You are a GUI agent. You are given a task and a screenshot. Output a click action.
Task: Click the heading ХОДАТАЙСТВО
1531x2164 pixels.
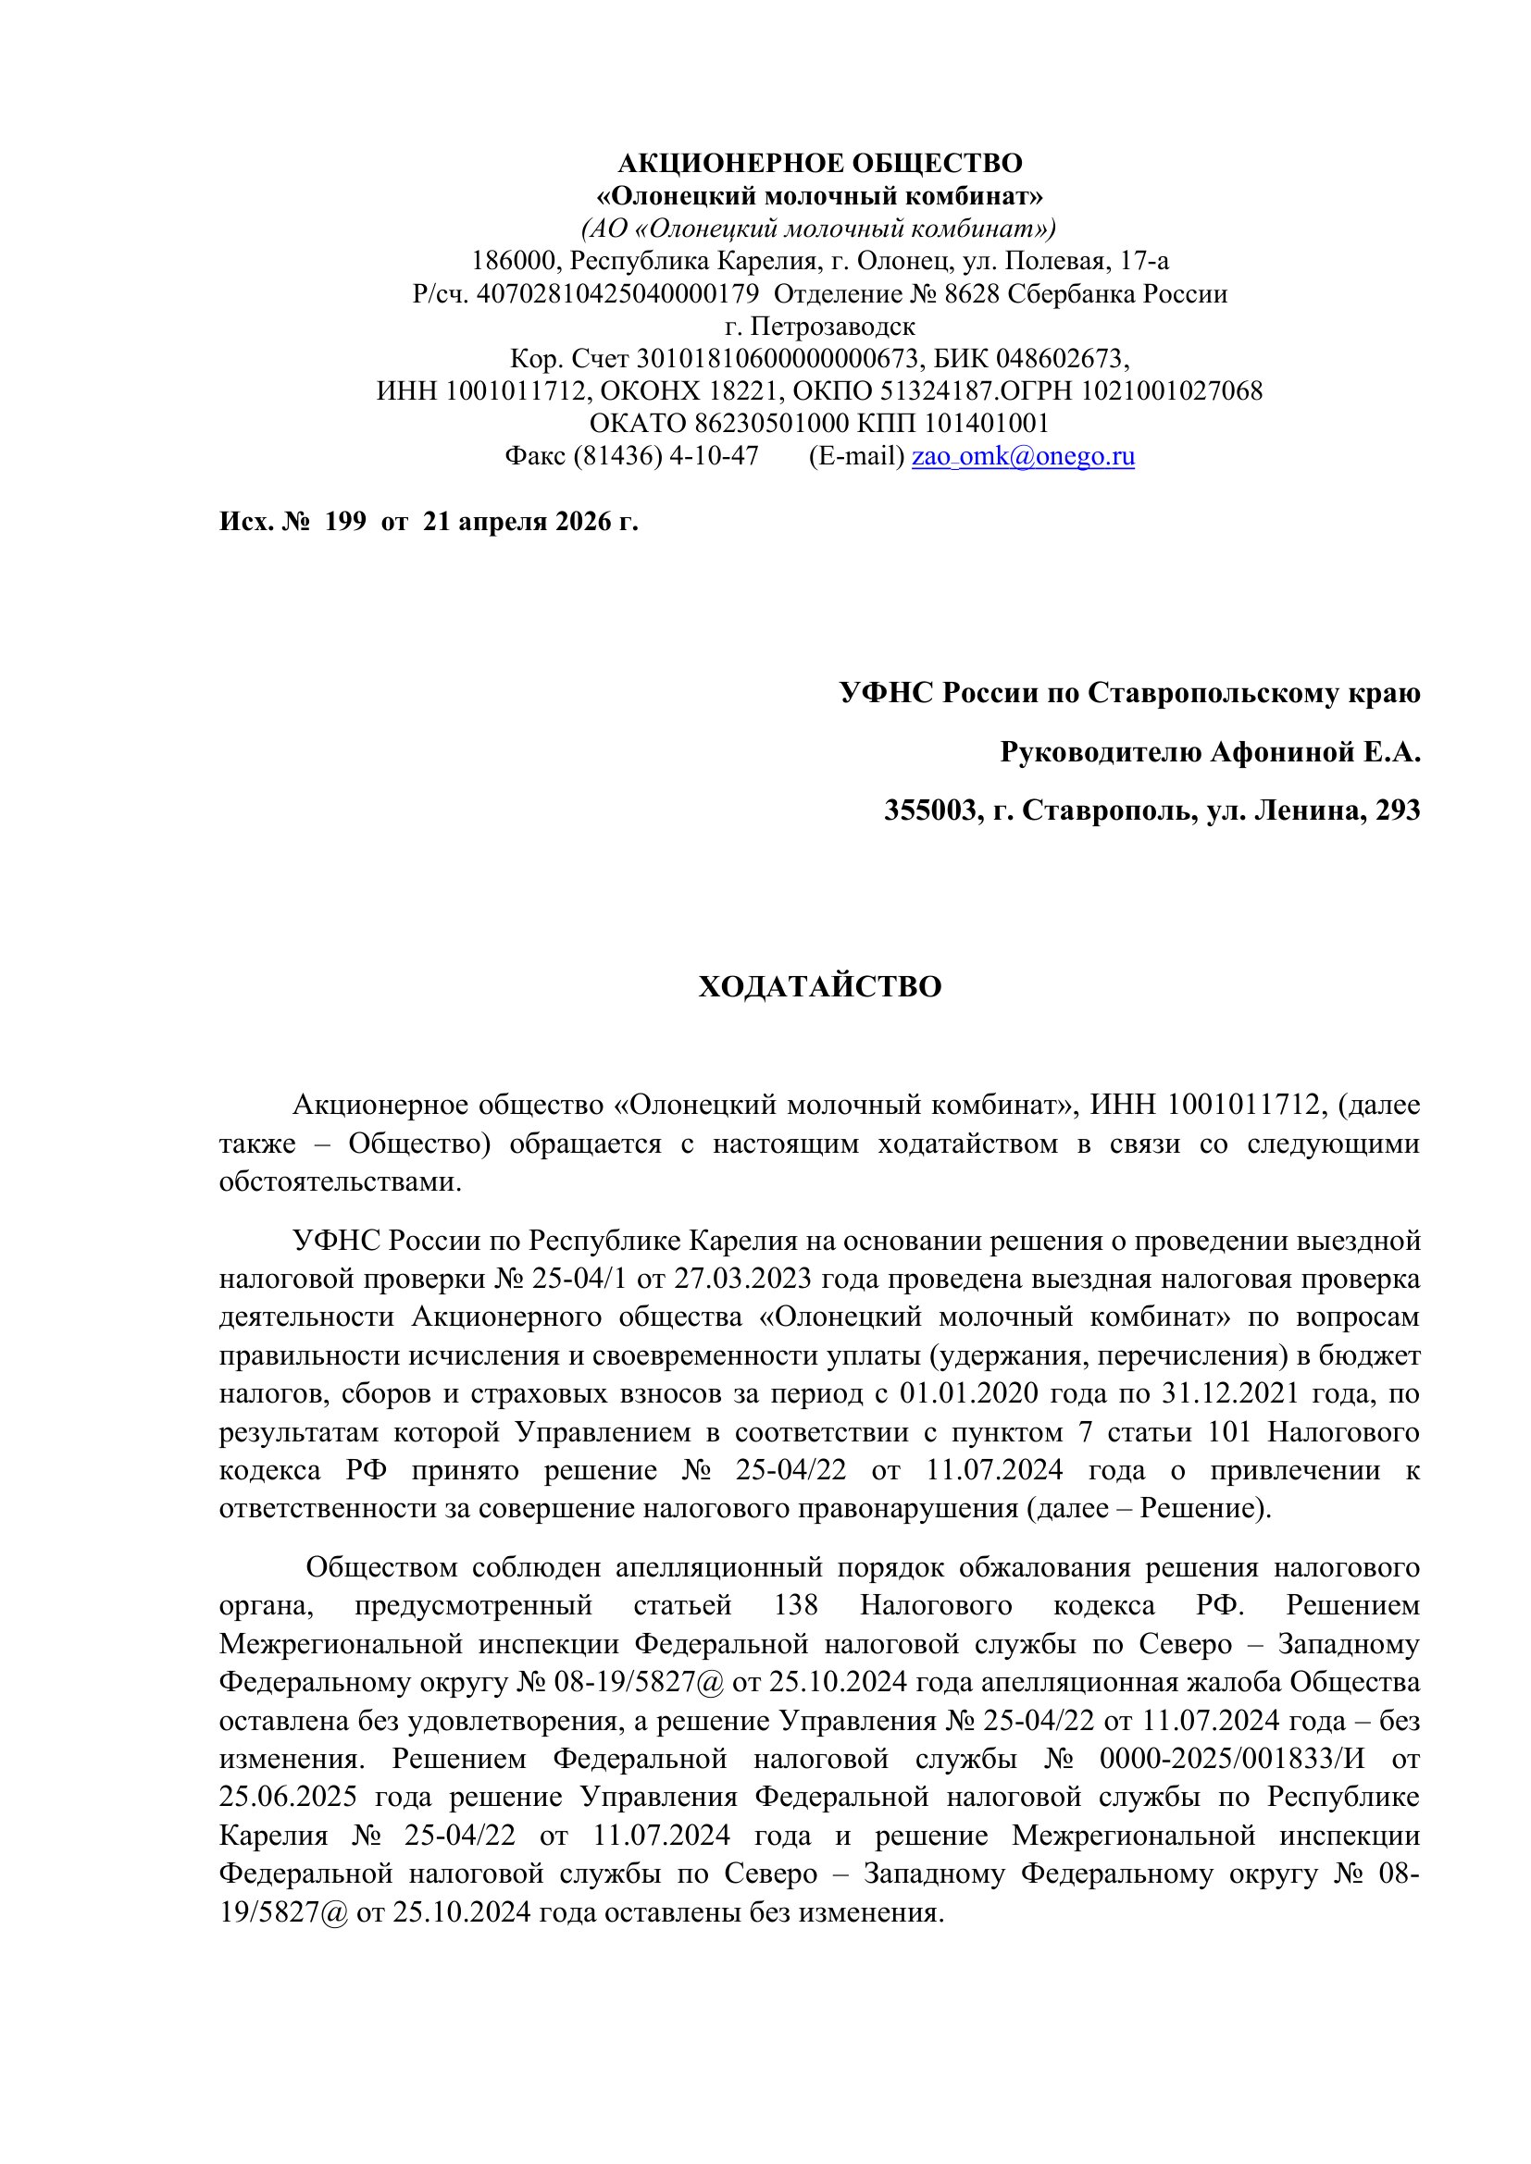819,987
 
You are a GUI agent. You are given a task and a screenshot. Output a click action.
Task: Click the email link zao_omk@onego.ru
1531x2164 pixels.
1023,456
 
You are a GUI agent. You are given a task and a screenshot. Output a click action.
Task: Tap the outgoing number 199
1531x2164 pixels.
345,521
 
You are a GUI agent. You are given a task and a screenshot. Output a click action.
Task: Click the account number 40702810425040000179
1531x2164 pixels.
617,294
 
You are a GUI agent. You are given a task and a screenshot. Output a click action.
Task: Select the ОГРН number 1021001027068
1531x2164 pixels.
1171,391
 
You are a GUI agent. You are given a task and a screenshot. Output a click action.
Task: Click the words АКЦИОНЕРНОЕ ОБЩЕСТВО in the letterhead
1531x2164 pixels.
819,164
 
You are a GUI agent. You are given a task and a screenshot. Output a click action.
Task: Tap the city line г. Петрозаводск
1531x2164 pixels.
819,326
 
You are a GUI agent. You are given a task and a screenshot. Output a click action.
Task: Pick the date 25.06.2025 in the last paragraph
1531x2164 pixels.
288,1797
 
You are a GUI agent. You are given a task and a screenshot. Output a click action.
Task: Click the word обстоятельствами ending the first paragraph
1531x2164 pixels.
340,1181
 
